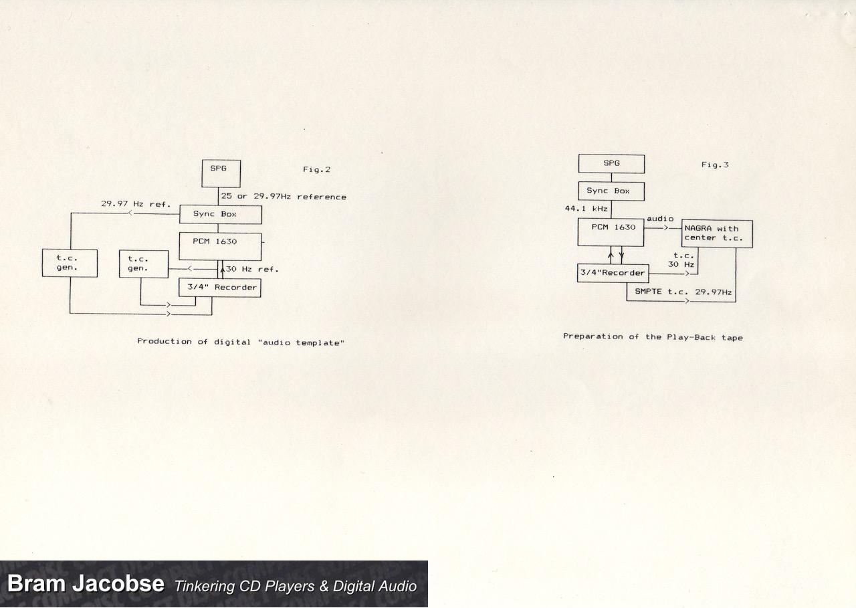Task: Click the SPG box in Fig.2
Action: (x=221, y=173)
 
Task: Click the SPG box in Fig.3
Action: (x=611, y=164)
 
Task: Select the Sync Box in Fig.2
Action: (x=221, y=215)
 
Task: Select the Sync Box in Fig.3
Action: (x=611, y=191)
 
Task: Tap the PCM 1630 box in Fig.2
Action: (x=221, y=247)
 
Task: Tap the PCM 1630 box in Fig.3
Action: (x=611, y=232)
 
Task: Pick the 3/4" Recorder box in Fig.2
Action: (x=220, y=288)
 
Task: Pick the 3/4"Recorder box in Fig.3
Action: (x=613, y=274)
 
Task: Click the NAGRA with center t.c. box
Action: (x=718, y=234)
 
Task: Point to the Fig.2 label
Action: (x=316, y=170)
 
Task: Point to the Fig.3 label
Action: (x=715, y=165)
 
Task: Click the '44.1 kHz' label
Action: (x=586, y=209)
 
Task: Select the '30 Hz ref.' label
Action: (x=252, y=270)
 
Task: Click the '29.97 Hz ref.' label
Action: (x=136, y=204)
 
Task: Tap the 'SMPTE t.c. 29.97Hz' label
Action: (x=683, y=292)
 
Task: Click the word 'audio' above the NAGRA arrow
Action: (x=660, y=219)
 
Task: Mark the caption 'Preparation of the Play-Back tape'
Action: (x=653, y=337)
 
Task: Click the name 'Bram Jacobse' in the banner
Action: (x=86, y=583)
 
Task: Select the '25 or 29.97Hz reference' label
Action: (x=284, y=197)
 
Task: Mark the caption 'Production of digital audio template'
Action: (x=241, y=342)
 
